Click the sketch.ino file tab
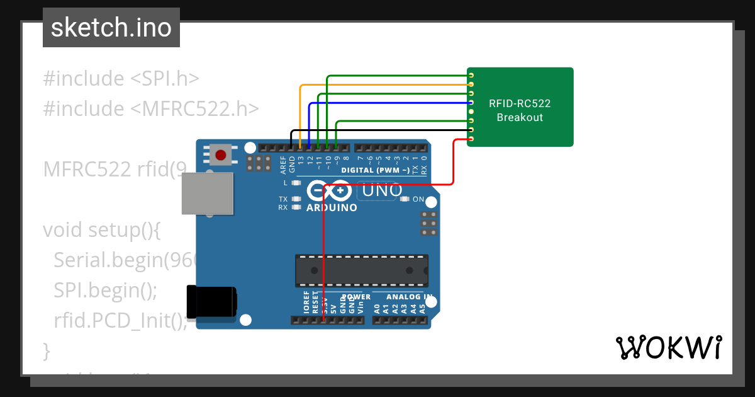(x=111, y=28)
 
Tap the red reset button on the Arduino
(x=220, y=155)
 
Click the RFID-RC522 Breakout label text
(x=520, y=110)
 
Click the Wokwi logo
(x=668, y=347)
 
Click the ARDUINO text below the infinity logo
(x=332, y=207)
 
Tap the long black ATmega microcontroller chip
(x=362, y=271)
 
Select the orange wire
(x=384, y=84)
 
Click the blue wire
(x=390, y=102)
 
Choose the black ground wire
(x=377, y=130)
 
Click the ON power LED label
(x=418, y=199)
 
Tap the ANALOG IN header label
(x=409, y=297)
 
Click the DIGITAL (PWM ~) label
(x=375, y=171)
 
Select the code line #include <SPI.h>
(x=121, y=79)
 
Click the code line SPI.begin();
(x=105, y=291)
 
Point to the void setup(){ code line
(x=103, y=230)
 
